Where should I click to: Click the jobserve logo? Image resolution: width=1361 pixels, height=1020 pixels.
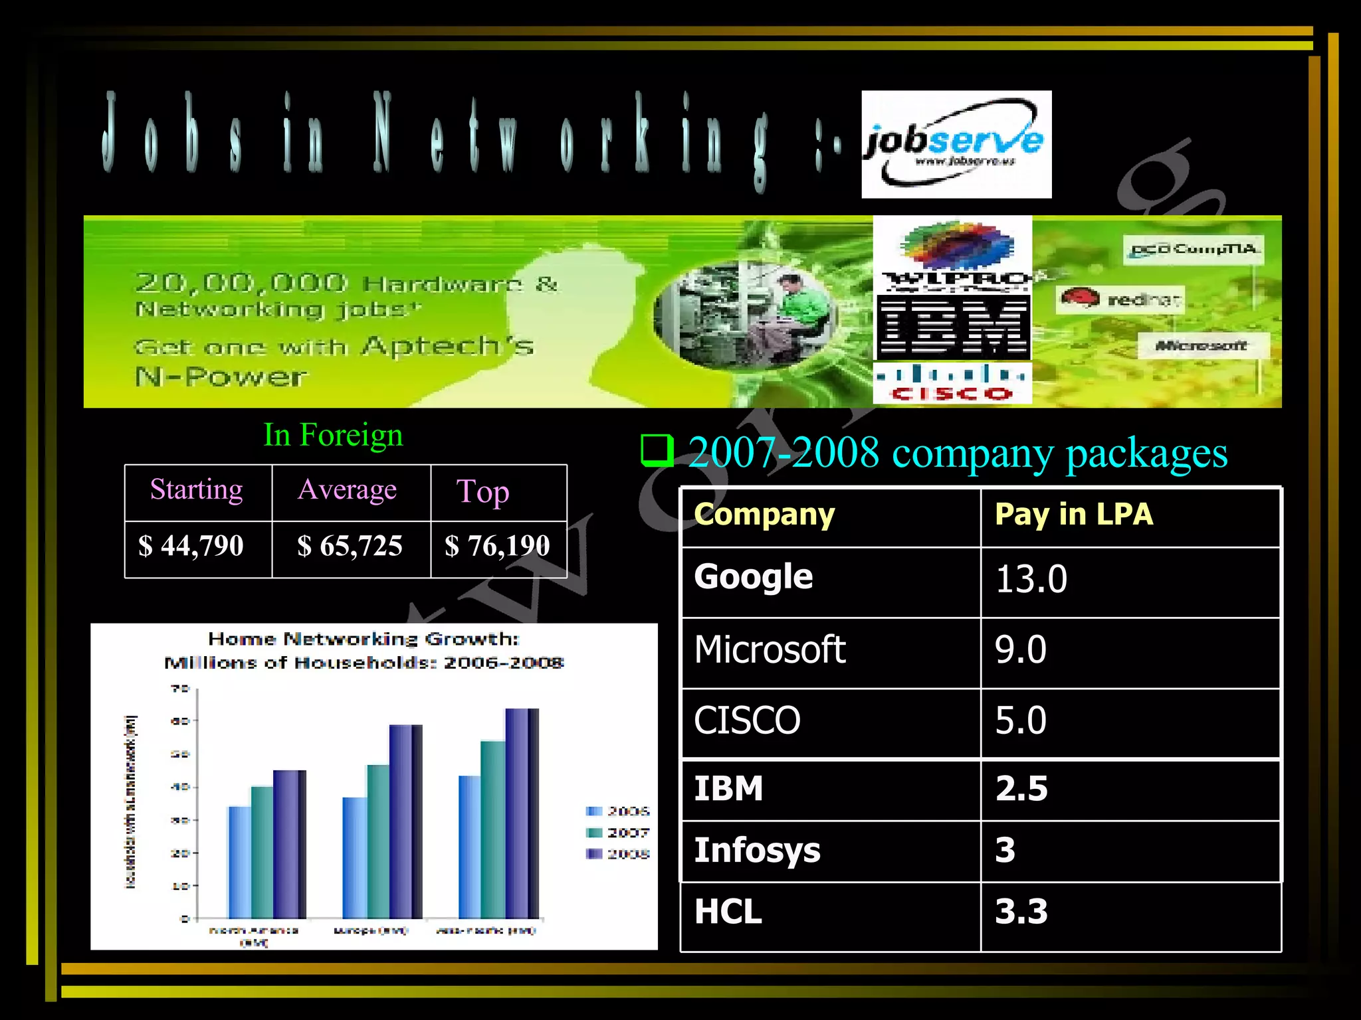956,144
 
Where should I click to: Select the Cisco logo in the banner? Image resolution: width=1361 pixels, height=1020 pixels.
952,384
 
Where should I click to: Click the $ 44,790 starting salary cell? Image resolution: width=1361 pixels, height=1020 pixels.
191,547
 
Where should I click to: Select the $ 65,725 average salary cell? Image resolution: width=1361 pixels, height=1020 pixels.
350,547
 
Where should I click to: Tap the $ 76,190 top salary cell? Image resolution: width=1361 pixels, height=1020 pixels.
498,547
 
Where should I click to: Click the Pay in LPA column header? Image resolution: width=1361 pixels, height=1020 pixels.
1073,515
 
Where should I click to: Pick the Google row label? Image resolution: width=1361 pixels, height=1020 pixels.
753,576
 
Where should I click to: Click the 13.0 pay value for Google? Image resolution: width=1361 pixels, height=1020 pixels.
1031,579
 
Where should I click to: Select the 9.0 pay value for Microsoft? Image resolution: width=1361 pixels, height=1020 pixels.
1021,649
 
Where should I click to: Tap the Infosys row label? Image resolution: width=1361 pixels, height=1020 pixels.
757,851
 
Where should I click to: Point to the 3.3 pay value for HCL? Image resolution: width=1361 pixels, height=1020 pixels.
1021,912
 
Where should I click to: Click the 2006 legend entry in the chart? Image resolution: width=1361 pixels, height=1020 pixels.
617,811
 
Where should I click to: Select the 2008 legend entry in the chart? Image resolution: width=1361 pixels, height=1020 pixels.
617,854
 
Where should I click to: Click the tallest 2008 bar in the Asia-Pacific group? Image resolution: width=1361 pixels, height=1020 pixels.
522,813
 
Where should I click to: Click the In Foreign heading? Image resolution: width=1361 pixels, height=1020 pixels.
333,436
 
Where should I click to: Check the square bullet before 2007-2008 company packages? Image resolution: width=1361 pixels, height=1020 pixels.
657,451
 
